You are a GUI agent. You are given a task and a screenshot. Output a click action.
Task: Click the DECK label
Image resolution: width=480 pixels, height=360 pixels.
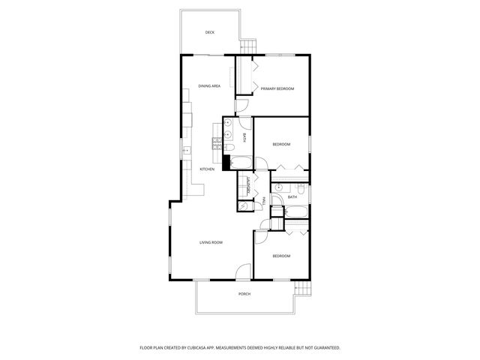(x=210, y=32)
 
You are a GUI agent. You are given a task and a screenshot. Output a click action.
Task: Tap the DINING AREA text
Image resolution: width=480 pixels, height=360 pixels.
(x=209, y=86)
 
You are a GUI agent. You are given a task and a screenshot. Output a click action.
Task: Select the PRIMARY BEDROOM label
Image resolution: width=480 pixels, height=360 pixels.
(x=277, y=89)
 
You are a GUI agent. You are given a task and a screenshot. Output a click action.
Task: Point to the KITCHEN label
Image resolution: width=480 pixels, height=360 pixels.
(x=207, y=169)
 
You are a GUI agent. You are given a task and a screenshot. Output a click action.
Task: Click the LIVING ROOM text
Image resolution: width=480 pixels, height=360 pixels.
(x=211, y=242)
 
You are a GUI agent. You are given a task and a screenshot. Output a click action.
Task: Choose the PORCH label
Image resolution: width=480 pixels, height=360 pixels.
(x=244, y=294)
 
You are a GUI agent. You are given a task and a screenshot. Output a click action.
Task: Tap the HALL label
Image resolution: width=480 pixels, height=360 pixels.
(x=264, y=200)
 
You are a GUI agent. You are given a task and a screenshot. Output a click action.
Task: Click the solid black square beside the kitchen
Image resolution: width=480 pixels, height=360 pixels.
(x=225, y=160)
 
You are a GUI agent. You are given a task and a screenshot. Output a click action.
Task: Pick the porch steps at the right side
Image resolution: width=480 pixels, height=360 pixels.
(x=301, y=289)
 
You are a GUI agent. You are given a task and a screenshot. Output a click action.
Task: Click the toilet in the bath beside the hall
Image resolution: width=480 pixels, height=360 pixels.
(x=298, y=187)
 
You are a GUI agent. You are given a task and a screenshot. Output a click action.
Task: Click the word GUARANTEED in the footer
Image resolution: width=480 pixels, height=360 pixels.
(x=324, y=348)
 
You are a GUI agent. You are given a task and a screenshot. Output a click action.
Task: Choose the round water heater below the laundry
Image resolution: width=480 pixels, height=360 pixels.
(x=243, y=205)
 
